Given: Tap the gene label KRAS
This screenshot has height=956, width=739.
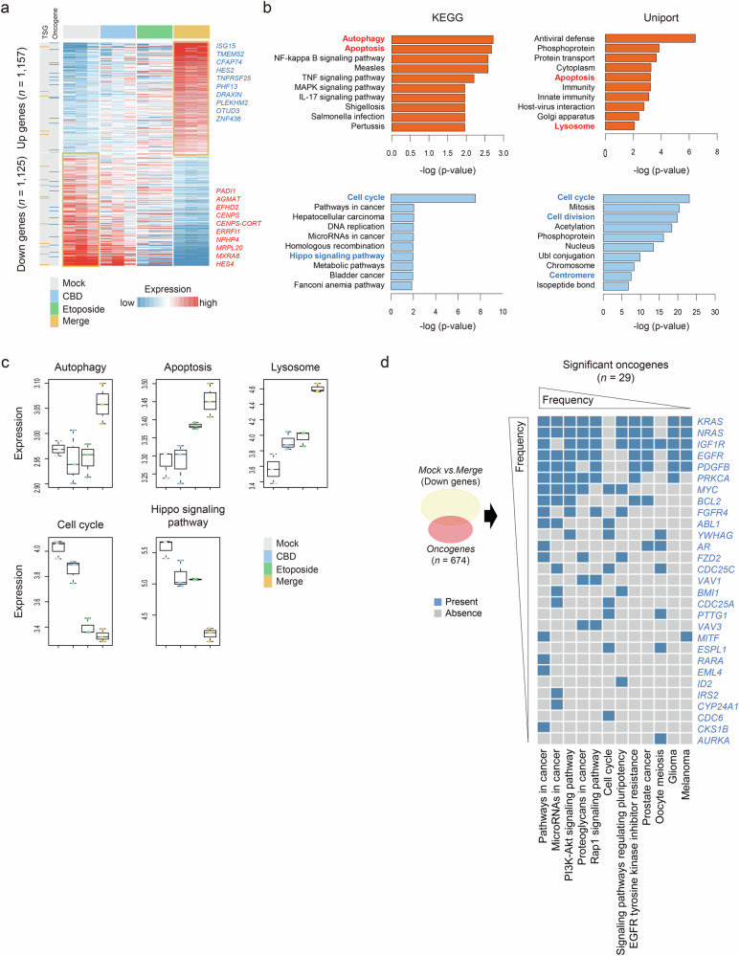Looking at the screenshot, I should [711, 420].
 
